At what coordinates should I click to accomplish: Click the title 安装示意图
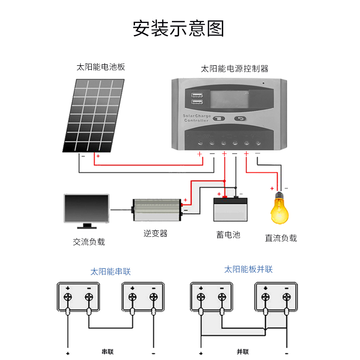coord(178,28)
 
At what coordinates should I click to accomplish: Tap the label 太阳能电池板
coord(100,67)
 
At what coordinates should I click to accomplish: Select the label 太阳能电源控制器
coord(234,69)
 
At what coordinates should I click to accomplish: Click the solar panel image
coord(94,116)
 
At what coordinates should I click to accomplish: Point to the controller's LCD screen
coord(229,99)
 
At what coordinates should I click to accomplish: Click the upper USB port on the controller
coord(197,95)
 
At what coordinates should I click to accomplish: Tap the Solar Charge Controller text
coord(197,118)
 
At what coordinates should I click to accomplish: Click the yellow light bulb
coord(279,208)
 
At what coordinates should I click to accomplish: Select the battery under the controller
coord(230,209)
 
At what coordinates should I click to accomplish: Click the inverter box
coord(157,210)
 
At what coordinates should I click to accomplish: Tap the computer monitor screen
coord(86,208)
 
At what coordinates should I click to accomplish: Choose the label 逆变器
coord(155,234)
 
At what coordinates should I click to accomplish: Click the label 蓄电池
coord(228,234)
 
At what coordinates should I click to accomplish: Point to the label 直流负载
coord(281,238)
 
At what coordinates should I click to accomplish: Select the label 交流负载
coord(89,242)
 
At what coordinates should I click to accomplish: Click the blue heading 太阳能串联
coord(110,272)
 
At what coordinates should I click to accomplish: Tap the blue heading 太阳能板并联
coord(248,269)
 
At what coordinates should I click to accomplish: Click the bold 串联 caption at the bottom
coord(108,351)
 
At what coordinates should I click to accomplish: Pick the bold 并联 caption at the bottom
coord(243,351)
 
